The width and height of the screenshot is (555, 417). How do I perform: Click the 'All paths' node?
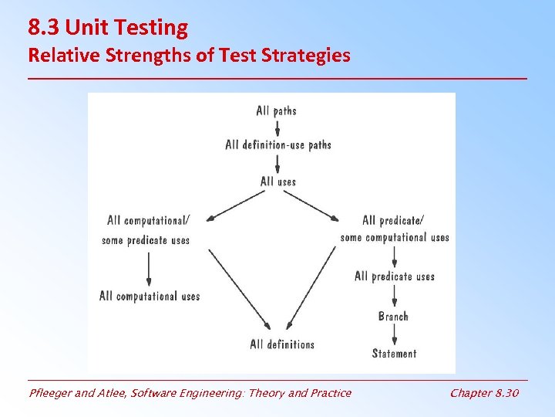(x=276, y=110)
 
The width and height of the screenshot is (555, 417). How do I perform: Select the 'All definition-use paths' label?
(x=277, y=144)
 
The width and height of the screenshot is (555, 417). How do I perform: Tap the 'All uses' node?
(x=277, y=181)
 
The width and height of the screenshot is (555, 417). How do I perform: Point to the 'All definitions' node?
(x=282, y=344)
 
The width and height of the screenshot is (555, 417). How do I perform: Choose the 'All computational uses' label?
(x=150, y=296)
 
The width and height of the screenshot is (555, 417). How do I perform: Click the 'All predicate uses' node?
(x=394, y=276)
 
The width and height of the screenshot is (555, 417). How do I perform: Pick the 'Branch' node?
(x=393, y=316)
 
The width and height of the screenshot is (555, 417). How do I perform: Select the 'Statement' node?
(x=394, y=354)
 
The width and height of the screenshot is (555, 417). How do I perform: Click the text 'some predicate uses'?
(x=146, y=240)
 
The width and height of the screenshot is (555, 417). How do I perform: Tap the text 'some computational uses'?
(x=395, y=237)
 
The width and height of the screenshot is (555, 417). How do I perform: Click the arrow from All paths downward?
(x=277, y=127)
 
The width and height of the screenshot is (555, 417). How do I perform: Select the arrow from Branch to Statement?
(x=394, y=334)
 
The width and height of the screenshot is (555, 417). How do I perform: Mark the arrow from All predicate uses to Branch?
(x=394, y=297)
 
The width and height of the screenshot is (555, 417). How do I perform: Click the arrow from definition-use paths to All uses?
(x=277, y=163)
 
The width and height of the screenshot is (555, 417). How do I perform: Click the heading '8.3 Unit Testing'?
(x=108, y=28)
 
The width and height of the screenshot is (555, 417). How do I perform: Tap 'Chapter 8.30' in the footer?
(x=484, y=393)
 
